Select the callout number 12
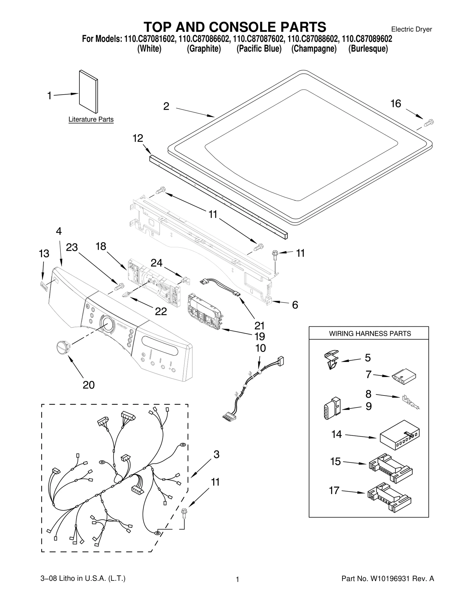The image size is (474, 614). click(x=138, y=138)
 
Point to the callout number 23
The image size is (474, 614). click(x=72, y=247)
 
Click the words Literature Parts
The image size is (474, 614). click(x=91, y=119)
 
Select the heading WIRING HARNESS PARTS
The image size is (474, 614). click(x=370, y=334)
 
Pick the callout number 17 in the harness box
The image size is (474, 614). click(x=334, y=490)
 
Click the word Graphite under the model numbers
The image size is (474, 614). click(x=204, y=49)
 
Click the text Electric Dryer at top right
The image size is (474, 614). click(x=411, y=29)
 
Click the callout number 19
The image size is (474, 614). click(x=260, y=336)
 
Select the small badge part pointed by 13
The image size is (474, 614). click(x=44, y=285)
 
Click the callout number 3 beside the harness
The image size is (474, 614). click(x=217, y=454)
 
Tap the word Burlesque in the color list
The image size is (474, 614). click(x=368, y=49)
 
